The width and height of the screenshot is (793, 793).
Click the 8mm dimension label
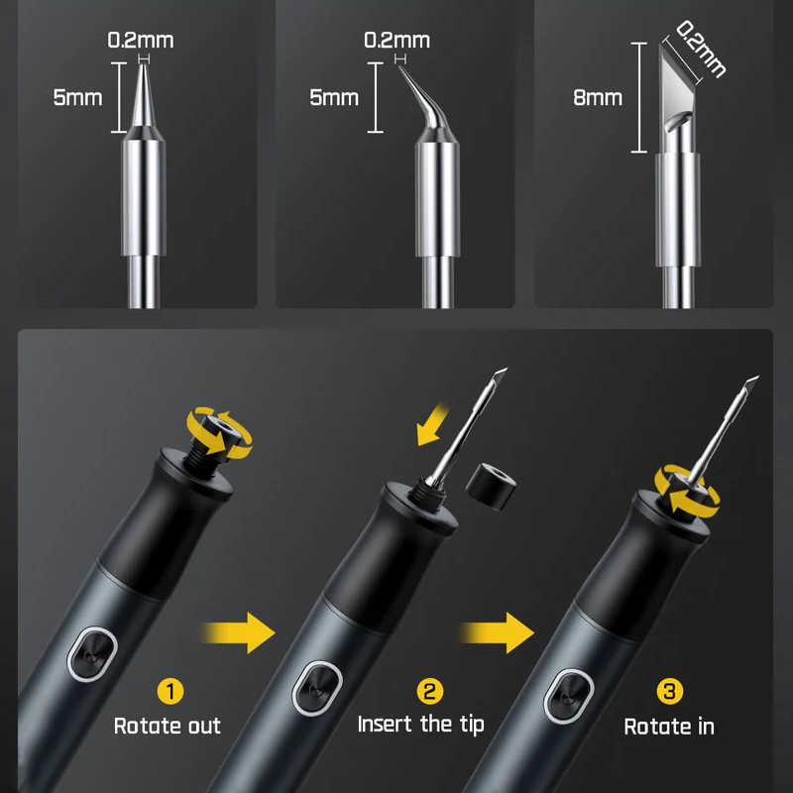click(x=598, y=97)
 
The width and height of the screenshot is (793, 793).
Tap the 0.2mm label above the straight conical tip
click(x=141, y=41)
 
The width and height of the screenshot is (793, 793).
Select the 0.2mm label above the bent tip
click(x=397, y=41)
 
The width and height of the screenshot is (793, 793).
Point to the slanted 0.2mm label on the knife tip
click(x=701, y=49)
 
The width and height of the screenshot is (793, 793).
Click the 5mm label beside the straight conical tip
click(x=78, y=97)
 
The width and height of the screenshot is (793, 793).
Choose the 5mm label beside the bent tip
click(x=334, y=97)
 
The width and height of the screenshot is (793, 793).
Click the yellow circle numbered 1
click(x=170, y=691)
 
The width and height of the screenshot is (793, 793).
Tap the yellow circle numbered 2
click(x=430, y=691)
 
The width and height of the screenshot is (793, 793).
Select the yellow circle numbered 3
click(x=670, y=691)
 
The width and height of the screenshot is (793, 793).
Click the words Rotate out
click(x=168, y=727)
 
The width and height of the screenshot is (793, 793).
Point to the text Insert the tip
click(x=420, y=725)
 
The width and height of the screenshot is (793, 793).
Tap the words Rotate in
click(x=669, y=727)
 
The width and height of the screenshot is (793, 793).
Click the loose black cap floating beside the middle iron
click(x=491, y=486)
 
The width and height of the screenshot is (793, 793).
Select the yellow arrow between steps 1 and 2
click(x=238, y=632)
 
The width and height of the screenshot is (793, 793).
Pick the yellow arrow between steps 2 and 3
click(x=497, y=632)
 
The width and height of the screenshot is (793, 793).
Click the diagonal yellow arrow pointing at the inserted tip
click(x=431, y=424)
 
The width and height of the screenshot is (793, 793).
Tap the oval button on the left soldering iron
click(x=92, y=654)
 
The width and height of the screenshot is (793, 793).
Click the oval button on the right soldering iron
click(x=568, y=696)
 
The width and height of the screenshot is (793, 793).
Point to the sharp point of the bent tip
click(x=399, y=66)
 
